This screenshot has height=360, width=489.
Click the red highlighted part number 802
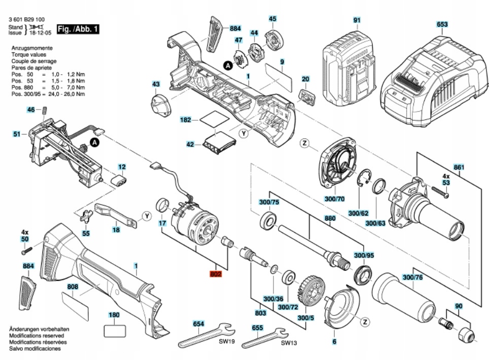click(x=216, y=274)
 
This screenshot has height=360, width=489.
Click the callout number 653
click(x=442, y=24)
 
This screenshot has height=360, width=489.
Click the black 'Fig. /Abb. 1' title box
click(x=78, y=29)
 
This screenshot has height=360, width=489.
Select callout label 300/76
click(x=412, y=277)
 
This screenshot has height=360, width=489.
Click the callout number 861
click(x=460, y=167)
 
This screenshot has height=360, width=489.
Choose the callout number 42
click(x=190, y=145)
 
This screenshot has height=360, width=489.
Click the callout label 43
click(x=156, y=84)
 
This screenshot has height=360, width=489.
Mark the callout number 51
click(x=17, y=134)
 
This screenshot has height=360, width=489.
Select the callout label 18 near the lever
click(x=116, y=230)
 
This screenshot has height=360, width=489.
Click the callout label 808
click(x=73, y=286)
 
